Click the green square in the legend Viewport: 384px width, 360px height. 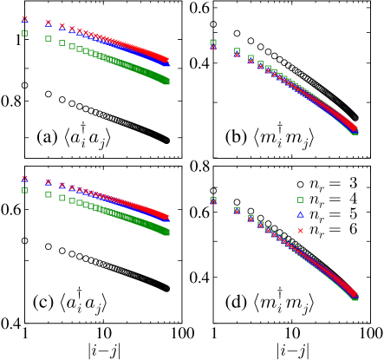(300, 200)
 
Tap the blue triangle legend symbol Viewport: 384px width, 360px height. (300, 215)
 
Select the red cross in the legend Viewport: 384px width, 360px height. (300, 231)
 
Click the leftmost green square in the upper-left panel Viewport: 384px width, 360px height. (24, 33)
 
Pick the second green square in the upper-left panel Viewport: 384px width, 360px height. (49, 38)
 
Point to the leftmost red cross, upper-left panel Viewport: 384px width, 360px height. (24, 18)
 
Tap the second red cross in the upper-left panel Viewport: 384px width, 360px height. (49, 23)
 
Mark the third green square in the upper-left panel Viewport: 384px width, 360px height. (62, 43)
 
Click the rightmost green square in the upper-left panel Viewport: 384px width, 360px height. (166, 82)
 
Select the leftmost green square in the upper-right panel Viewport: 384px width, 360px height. (213, 42)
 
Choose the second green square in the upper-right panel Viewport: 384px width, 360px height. (238, 51)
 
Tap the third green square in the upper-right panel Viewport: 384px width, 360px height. (251, 58)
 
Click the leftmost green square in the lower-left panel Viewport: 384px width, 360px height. (24, 190)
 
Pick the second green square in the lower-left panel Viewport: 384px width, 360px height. (49, 194)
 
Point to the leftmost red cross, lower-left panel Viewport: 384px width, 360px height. (24, 178)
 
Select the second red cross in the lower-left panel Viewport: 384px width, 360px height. (49, 182)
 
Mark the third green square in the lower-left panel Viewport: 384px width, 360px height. (62, 198)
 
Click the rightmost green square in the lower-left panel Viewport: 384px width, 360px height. (166, 232)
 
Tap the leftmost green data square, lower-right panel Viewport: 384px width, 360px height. (213, 200)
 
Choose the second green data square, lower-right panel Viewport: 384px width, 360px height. (238, 209)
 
